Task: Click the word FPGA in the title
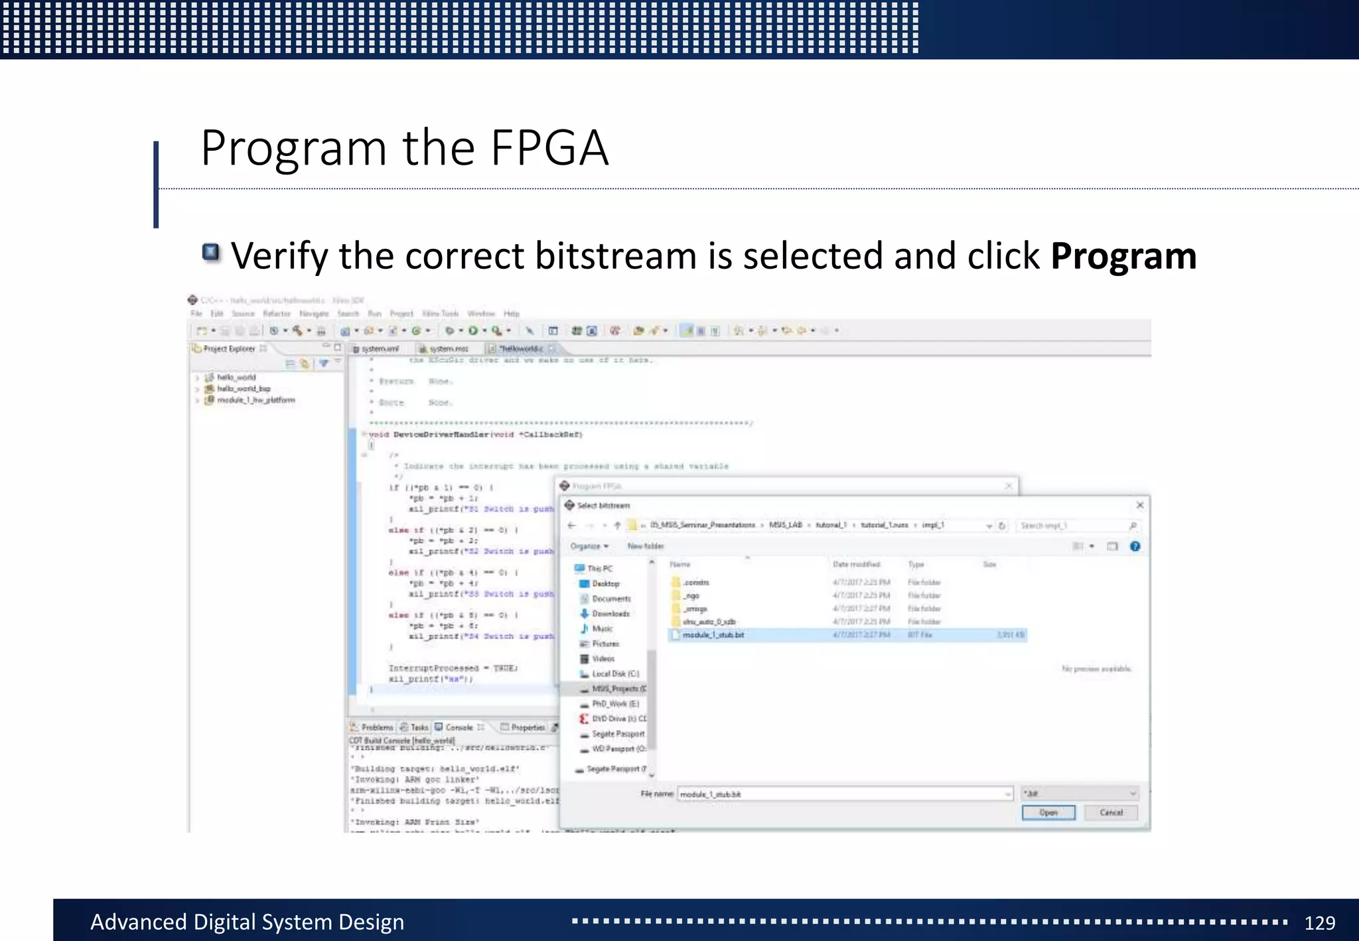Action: click(x=549, y=147)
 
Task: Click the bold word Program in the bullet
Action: click(x=1123, y=256)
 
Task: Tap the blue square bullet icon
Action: click(x=210, y=252)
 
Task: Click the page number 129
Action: click(x=1319, y=922)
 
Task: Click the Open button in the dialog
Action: click(x=1048, y=812)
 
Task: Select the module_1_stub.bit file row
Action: click(x=713, y=635)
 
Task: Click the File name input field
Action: click(x=843, y=794)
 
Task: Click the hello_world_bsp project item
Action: click(x=243, y=388)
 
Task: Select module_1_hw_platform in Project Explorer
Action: click(x=255, y=399)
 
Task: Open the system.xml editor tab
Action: click(x=380, y=348)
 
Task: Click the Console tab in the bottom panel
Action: click(x=459, y=727)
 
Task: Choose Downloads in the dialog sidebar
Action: click(x=610, y=614)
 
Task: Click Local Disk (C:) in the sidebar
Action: click(x=614, y=674)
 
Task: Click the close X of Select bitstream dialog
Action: click(x=1140, y=505)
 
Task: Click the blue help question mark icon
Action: click(x=1135, y=546)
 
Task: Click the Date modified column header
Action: click(x=856, y=564)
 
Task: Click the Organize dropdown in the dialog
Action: click(x=589, y=546)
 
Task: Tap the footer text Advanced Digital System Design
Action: click(x=247, y=922)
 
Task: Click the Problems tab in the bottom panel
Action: click(x=376, y=727)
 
